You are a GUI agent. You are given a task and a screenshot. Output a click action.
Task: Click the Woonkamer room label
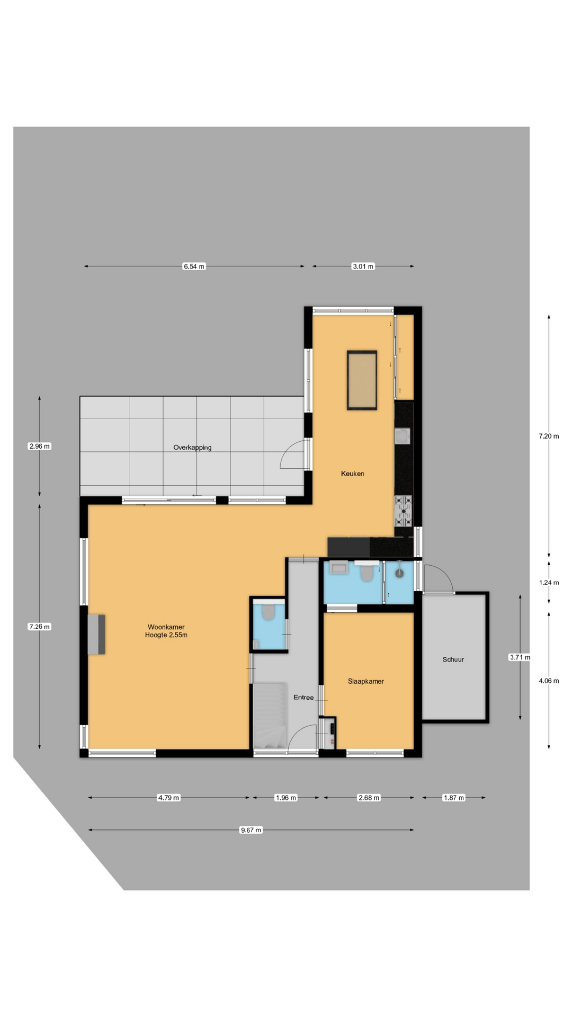[166, 627]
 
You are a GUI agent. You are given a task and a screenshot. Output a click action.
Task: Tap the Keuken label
[352, 474]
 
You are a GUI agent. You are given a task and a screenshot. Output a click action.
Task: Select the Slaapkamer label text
[365, 681]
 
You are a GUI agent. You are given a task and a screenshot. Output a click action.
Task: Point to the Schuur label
[453, 659]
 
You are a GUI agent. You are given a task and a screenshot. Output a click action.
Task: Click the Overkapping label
[192, 448]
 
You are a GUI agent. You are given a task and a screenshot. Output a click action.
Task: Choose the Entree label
[303, 698]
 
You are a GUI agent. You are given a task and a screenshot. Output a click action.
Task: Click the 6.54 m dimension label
[194, 266]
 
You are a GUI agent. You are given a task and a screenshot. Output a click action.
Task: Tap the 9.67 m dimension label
[251, 830]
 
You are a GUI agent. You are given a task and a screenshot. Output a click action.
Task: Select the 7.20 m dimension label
[549, 436]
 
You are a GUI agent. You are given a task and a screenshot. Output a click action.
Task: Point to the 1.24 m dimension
[549, 583]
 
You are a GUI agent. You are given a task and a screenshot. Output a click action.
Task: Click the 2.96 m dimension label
[40, 446]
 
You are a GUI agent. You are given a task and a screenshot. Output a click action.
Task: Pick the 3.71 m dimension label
[520, 657]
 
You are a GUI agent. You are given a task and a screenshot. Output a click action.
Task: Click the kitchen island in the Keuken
[362, 380]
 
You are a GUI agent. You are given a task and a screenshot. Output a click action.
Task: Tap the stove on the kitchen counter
[403, 511]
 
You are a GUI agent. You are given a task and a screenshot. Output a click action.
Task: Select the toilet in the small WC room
[268, 613]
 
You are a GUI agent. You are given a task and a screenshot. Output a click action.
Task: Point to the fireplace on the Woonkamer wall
[96, 634]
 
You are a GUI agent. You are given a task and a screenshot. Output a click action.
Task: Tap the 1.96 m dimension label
[286, 798]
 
